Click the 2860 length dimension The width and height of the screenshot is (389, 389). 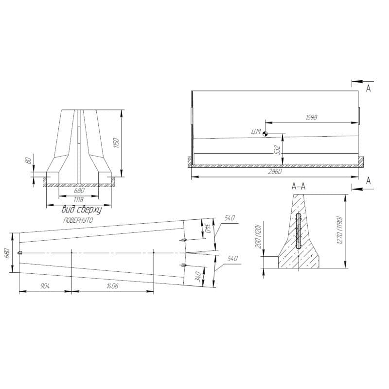(275, 172)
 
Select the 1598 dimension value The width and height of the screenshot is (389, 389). (312, 117)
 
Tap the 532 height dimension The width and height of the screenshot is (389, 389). (277, 150)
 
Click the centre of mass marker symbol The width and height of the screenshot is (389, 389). (265, 134)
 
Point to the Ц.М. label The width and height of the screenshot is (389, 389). (256, 131)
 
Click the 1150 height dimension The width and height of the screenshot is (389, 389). (116, 143)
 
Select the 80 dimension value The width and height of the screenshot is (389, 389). (29, 160)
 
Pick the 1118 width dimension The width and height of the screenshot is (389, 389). (78, 200)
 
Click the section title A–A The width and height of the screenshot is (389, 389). (299, 186)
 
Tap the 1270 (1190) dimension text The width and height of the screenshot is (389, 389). (340, 230)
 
